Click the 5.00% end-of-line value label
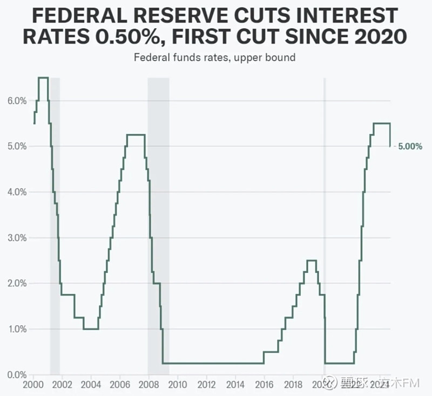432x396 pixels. [410, 146]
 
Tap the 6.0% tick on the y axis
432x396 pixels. [17, 101]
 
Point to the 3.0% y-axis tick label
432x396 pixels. [17, 238]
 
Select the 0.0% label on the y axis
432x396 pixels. [17, 374]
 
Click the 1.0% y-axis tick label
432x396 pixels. [17, 329]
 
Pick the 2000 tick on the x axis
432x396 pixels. [34, 385]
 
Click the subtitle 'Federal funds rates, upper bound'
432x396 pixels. [215, 57]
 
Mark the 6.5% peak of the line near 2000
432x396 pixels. [43, 78]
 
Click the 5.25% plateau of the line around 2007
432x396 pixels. [136, 135]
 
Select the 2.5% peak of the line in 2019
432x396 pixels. [311, 261]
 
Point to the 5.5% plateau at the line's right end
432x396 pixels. [381, 124]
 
